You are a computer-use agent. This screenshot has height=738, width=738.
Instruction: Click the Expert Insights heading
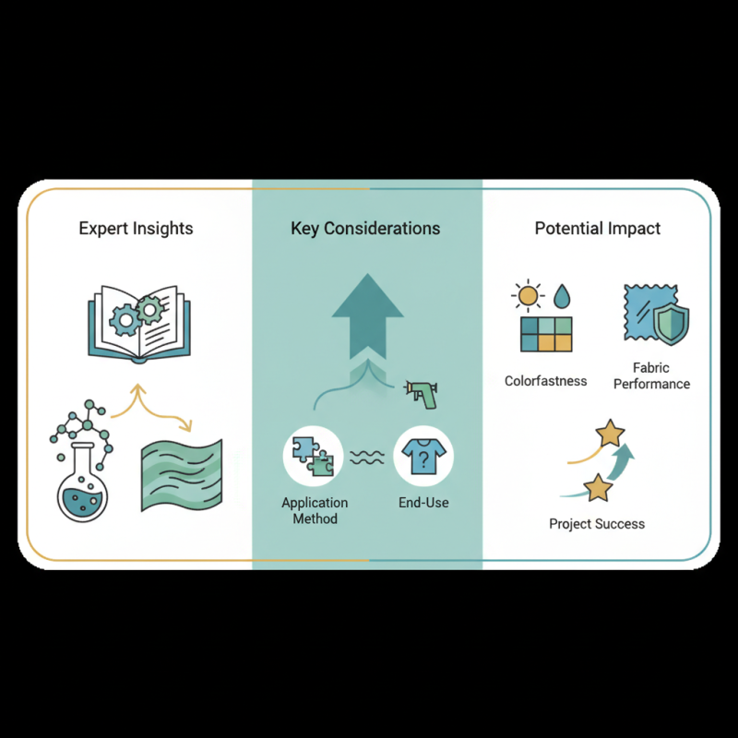[136, 228]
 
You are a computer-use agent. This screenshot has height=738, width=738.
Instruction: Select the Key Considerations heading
[365, 228]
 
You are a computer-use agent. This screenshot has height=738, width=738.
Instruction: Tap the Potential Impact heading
[598, 228]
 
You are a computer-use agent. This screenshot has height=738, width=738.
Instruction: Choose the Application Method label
[315, 511]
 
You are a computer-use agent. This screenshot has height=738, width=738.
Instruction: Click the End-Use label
[423, 504]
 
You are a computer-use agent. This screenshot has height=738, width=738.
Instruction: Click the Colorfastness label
[546, 380]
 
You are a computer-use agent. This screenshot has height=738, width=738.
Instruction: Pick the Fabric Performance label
[651, 375]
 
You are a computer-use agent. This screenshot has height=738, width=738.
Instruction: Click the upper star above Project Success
[610, 432]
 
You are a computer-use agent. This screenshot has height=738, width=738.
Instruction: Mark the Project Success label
[597, 524]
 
